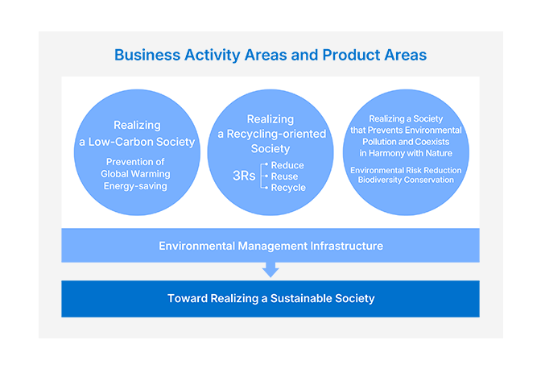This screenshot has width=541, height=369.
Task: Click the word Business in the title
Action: [x=147, y=55]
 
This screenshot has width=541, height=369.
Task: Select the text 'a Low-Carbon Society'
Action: [x=137, y=142]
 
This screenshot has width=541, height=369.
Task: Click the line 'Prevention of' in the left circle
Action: [x=135, y=162]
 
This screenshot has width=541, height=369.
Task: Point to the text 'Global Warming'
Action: [x=135, y=174]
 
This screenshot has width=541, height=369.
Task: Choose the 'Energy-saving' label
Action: [x=135, y=186]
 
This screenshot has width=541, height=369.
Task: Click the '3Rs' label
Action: [x=244, y=176]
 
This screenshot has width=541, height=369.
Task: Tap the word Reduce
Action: [x=287, y=165]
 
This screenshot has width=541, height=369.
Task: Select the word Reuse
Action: [x=284, y=176]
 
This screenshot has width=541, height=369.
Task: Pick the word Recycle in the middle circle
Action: [x=288, y=188]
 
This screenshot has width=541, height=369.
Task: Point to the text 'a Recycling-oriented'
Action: [x=271, y=134]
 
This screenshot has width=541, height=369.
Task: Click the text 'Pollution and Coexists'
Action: [x=406, y=142]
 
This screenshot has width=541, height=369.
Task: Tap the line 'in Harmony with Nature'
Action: [x=406, y=153]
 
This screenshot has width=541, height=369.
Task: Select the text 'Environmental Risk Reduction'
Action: [x=406, y=170]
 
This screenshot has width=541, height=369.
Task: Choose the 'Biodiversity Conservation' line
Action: [x=406, y=180]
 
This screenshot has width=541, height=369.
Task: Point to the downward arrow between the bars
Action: [x=270, y=270]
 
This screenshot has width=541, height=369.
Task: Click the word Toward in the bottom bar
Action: [x=188, y=298]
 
